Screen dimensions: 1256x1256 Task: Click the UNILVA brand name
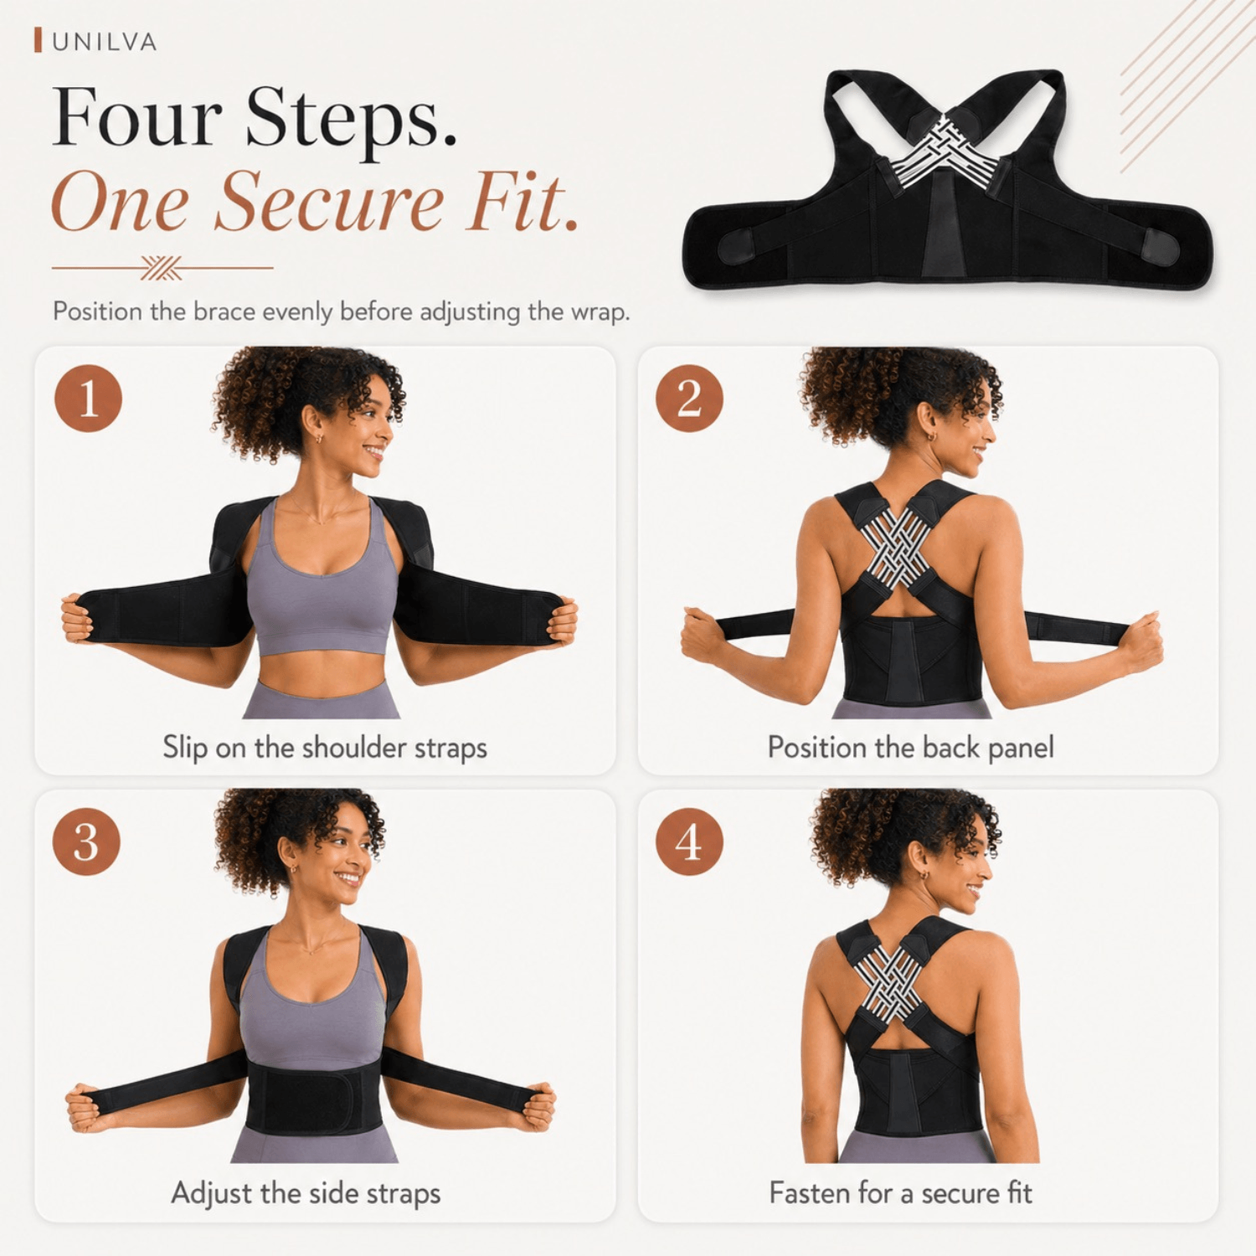click(105, 42)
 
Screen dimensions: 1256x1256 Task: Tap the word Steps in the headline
click(351, 119)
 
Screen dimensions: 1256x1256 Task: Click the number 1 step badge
click(89, 399)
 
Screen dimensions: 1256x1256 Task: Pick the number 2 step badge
click(689, 399)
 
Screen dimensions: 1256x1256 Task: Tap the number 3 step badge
click(86, 842)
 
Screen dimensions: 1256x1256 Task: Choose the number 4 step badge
click(689, 842)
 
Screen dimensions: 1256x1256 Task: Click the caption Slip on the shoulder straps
click(325, 748)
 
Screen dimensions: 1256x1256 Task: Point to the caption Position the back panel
click(911, 748)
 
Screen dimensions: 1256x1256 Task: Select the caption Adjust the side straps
click(306, 1193)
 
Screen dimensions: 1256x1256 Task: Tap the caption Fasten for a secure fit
click(901, 1192)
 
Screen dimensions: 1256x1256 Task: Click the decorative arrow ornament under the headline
click(162, 268)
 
